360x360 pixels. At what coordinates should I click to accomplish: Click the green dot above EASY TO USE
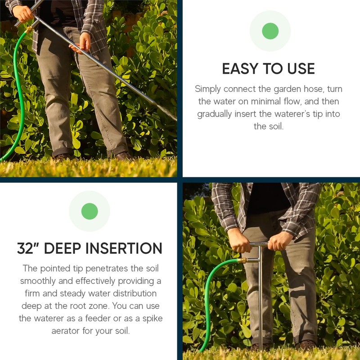pos(270,31)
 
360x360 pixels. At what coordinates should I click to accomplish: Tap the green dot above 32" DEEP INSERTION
pos(90,211)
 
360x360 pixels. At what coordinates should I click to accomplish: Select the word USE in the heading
pos(300,69)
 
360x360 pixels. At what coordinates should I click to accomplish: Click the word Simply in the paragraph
pos(208,89)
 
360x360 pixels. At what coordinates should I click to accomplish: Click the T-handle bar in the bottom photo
pos(258,244)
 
